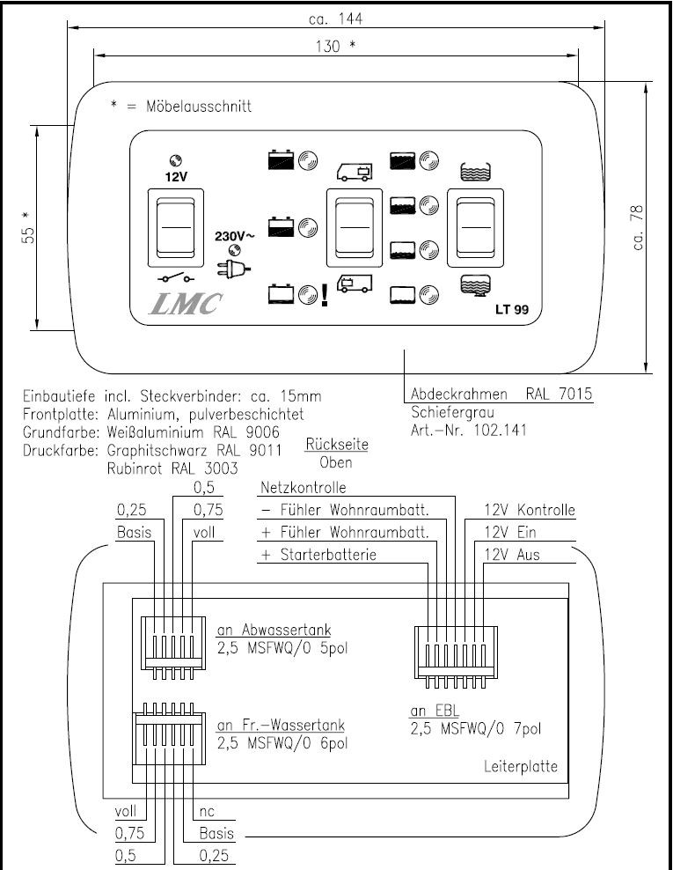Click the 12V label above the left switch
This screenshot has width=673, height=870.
tap(176, 176)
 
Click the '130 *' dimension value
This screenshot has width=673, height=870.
tap(336, 47)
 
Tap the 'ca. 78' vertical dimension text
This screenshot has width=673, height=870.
tap(638, 227)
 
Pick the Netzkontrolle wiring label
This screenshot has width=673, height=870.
tap(304, 487)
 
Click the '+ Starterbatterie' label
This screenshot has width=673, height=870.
tap(318, 556)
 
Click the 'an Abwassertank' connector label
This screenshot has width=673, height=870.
tap(274, 630)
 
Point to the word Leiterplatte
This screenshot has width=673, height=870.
tap(521, 766)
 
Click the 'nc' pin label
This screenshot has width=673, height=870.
tap(207, 811)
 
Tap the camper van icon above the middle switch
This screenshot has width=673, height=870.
tap(355, 172)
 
